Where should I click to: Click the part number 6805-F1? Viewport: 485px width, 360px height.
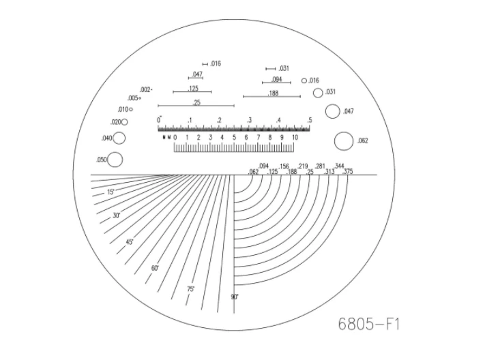[368, 323]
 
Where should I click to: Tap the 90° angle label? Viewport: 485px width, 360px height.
[234, 297]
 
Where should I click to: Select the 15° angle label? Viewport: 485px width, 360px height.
[111, 192]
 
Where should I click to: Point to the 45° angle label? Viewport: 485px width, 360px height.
[129, 242]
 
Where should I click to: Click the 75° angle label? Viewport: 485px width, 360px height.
[191, 289]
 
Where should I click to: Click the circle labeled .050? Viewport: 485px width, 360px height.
[115, 160]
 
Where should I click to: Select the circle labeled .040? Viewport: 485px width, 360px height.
[119, 138]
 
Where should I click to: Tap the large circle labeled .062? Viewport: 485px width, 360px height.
[344, 141]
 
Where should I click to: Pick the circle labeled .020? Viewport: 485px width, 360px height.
[124, 122]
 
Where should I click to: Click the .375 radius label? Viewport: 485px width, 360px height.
[348, 171]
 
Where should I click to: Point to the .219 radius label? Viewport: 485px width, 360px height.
[303, 166]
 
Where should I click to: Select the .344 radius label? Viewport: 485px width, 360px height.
[339, 166]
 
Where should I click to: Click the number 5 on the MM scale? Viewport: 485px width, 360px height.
[234, 138]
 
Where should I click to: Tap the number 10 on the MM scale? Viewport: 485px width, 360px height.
[295, 138]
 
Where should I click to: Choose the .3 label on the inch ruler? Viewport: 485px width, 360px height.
[249, 121]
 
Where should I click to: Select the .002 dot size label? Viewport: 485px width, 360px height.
[145, 89]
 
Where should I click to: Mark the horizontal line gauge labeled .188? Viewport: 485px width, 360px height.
[271, 96]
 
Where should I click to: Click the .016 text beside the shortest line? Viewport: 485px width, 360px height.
[216, 63]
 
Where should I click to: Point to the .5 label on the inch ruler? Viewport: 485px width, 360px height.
[309, 121]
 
